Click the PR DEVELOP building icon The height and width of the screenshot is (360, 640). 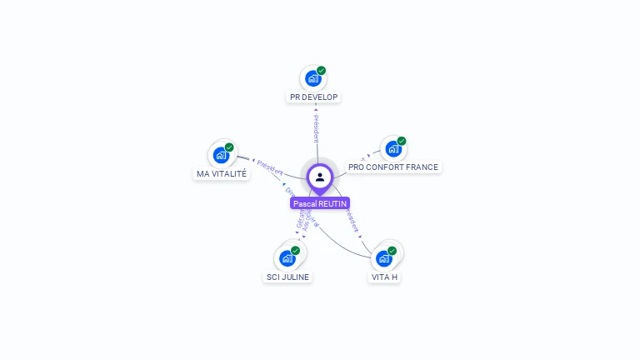[312, 79]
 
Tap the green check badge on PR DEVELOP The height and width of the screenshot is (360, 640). [322, 71]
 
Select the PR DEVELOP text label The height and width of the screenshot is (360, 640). [313, 97]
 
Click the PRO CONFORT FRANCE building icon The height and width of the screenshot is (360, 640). [392, 150]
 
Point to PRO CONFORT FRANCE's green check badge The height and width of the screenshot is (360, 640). [402, 141]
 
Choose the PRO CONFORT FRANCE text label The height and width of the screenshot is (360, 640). [393, 167]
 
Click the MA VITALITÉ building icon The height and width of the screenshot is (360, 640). [221, 156]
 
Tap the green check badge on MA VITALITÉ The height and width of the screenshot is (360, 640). [229, 147]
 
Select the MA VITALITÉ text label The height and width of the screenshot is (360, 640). [222, 173]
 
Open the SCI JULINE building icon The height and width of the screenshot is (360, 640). [287, 258]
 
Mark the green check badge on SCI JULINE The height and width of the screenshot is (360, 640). [295, 250]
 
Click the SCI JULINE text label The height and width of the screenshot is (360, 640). [287, 277]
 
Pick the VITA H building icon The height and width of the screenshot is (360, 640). [383, 258]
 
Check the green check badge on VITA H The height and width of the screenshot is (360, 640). [392, 250]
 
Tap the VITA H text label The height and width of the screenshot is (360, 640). [384, 277]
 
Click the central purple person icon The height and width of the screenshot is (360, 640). [320, 177]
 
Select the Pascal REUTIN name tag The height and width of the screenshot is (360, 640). [320, 203]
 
